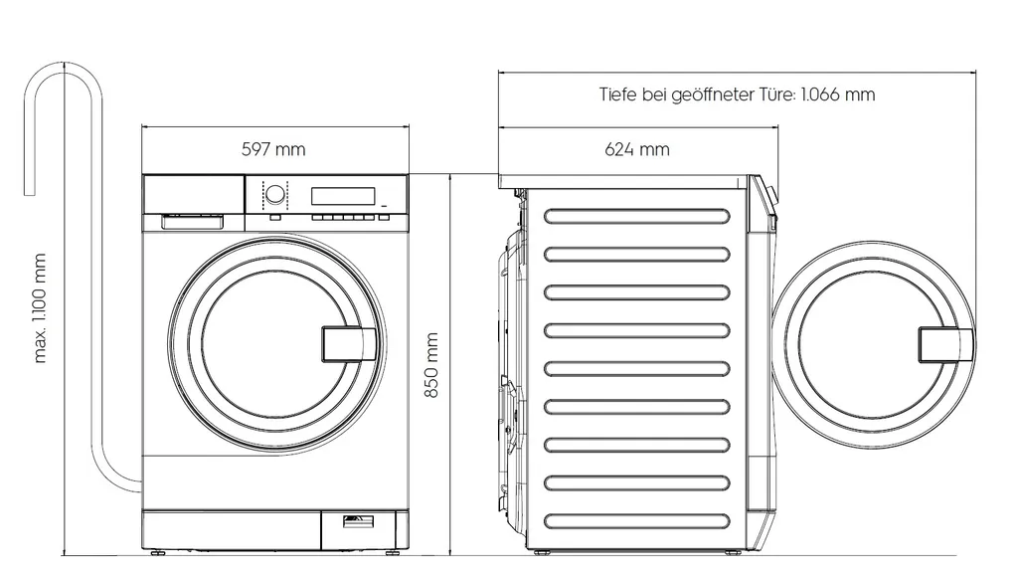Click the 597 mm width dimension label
[x=273, y=150]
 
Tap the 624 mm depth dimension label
[x=636, y=150]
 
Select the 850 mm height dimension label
[x=431, y=365]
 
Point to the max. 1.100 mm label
[x=40, y=307]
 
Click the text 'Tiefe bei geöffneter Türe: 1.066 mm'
[x=737, y=95]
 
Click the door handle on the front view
[x=340, y=343]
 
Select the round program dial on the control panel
[x=273, y=193]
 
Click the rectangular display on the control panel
[x=343, y=195]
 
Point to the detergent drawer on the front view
[x=193, y=221]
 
